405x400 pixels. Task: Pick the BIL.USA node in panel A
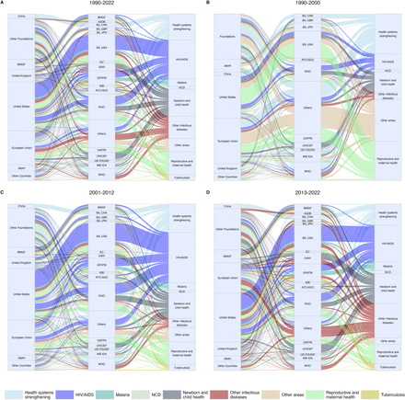tap(101, 46)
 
